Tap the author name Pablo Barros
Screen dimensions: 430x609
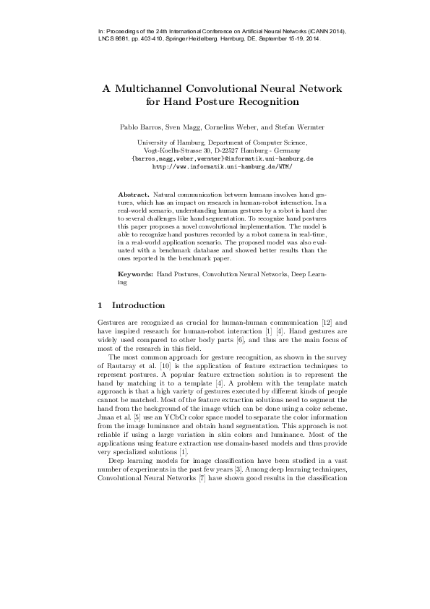click(x=139, y=127)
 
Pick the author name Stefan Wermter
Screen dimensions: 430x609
click(x=301, y=127)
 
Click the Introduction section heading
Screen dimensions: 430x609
click(x=139, y=305)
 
